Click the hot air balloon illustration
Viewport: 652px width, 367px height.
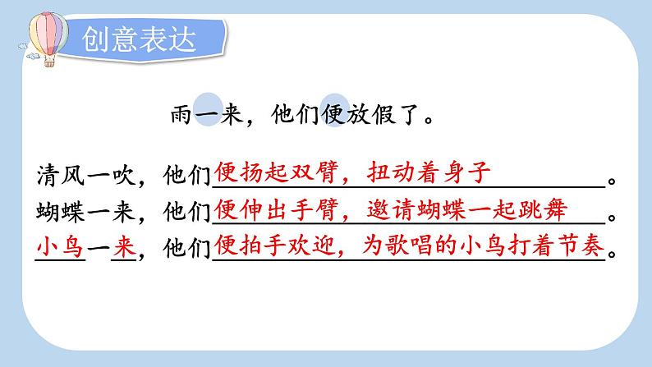tap(48, 39)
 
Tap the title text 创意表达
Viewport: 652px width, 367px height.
tap(139, 40)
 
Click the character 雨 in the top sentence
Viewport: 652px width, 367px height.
tap(181, 114)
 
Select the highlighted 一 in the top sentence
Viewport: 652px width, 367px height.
tap(208, 114)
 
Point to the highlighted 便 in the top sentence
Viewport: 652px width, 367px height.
tap(333, 114)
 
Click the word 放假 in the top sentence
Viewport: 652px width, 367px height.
tap(371, 114)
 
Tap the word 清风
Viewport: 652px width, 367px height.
tap(61, 175)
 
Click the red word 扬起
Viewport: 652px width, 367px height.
tap(264, 172)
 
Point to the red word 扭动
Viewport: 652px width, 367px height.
tap(391, 172)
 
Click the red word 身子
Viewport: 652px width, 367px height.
tap(466, 172)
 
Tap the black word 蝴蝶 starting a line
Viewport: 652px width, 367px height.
tap(61, 212)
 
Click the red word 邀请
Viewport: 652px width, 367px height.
tap(391, 209)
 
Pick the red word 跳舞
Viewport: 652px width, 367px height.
tap(542, 209)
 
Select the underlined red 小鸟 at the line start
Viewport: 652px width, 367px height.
tap(61, 248)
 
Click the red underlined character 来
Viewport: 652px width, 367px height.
tap(124, 248)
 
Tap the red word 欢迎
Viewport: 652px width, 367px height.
tap(312, 245)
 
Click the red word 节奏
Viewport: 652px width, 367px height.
tap(581, 245)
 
